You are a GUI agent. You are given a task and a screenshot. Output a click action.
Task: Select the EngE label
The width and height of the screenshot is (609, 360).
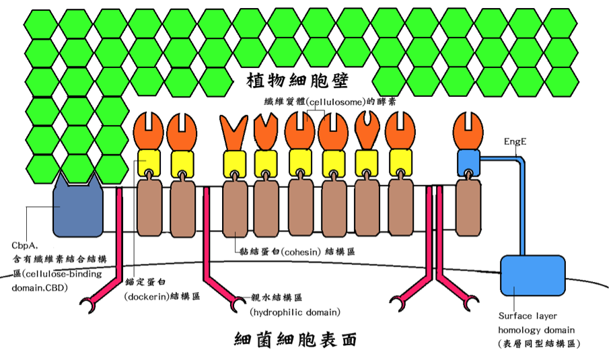[515, 143]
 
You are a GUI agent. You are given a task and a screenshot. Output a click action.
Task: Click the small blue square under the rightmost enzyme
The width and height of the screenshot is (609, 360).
[468, 161]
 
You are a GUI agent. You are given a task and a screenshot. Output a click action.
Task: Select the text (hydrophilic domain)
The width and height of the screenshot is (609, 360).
[294, 312]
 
